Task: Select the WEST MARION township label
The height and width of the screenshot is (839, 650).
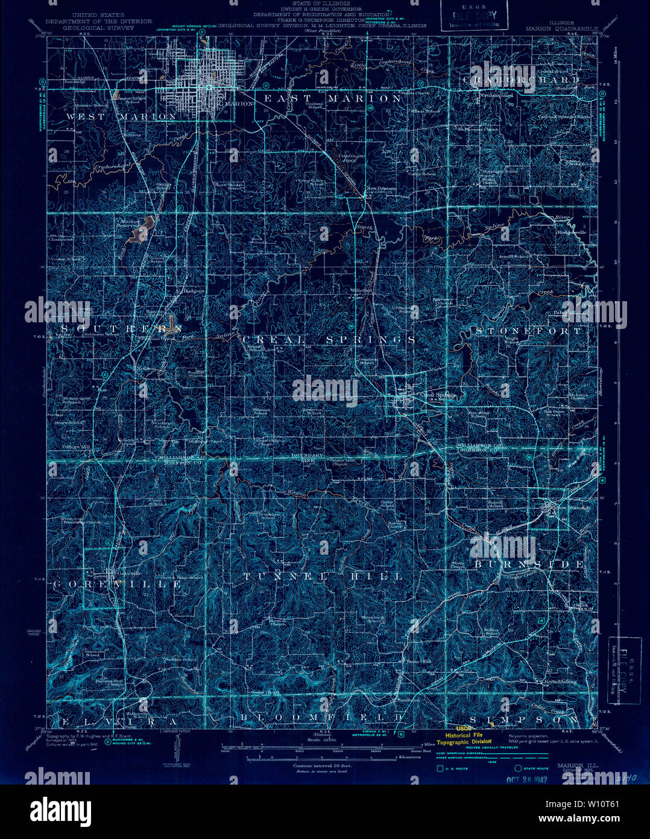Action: pos(121,116)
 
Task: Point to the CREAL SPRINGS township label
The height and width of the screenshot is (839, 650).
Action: pos(329,340)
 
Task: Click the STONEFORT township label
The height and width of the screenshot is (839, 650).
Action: pos(528,331)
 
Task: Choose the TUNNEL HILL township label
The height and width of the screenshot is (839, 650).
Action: pos(323,576)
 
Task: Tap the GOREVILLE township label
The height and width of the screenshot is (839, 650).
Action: pos(118,584)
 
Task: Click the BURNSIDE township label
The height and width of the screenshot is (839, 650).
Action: pos(529,564)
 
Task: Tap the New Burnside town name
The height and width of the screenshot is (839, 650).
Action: pos(572,508)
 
